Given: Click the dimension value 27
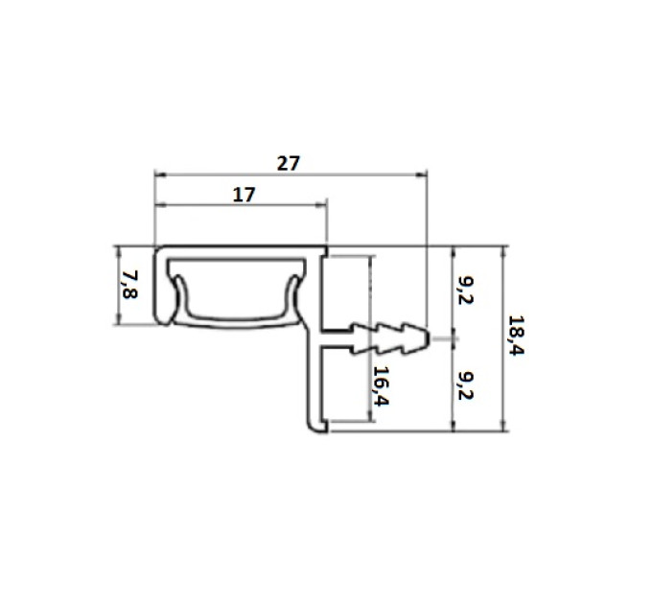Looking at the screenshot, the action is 289,163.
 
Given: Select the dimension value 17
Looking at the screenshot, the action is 244,195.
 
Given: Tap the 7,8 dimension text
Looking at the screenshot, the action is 129,285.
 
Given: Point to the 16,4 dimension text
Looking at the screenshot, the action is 381,386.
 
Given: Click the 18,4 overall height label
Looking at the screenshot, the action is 516,335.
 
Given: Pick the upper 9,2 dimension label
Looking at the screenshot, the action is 466,290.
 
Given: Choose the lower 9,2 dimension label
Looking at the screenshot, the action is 466,385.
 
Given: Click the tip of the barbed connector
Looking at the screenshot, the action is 429,338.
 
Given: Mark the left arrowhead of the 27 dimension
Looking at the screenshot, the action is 160,175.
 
